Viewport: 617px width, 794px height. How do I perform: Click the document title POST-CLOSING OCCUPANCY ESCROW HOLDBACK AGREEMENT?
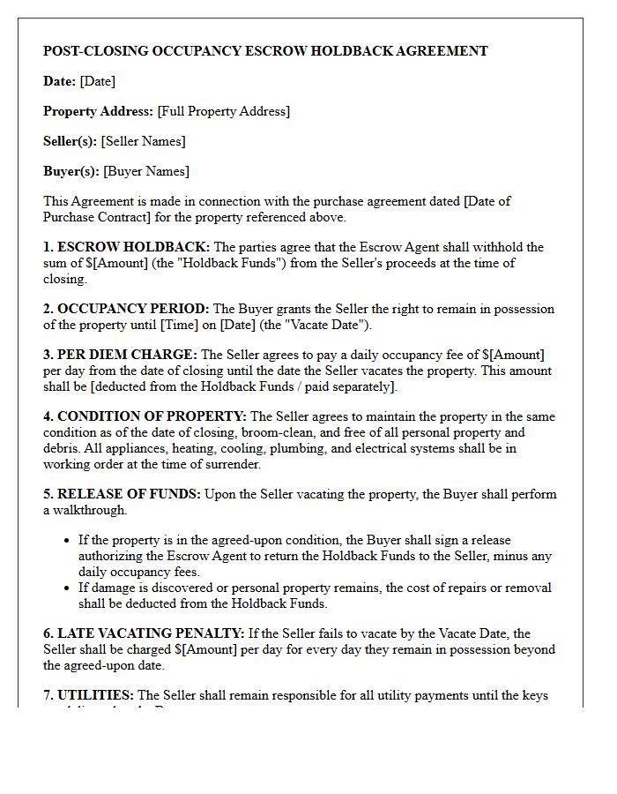[x=265, y=51]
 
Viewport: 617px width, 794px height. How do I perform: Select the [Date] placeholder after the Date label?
[x=97, y=81]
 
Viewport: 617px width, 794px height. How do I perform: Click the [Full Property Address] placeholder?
[x=223, y=111]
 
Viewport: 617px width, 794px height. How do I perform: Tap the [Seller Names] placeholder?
[x=143, y=141]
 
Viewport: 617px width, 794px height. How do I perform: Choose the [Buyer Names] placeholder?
[x=146, y=171]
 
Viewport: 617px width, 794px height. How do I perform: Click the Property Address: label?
[x=98, y=111]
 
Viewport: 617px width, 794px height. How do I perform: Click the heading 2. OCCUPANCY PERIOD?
[x=127, y=309]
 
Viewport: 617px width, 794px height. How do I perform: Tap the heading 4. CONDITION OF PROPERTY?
[x=145, y=416]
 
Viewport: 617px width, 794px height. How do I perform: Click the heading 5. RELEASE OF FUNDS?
[x=123, y=494]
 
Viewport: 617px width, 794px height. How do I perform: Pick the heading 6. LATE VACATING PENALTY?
[x=144, y=633]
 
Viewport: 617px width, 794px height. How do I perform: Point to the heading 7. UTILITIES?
[x=89, y=695]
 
